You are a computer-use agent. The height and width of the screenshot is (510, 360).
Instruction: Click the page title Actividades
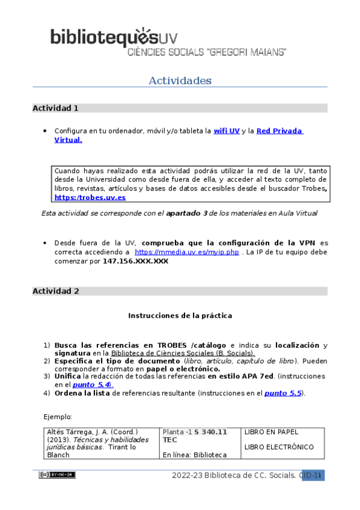point(180,81)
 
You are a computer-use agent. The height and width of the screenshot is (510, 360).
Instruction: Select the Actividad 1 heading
point(56,109)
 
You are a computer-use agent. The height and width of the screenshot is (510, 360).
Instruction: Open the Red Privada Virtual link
point(279,131)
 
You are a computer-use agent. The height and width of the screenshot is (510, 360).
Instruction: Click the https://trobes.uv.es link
point(90,197)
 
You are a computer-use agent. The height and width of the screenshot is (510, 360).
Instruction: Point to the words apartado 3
point(187,213)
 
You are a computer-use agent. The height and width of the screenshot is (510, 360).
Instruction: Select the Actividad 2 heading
point(56,291)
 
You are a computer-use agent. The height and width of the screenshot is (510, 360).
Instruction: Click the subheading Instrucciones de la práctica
point(180,315)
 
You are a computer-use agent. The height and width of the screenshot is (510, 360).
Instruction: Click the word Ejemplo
point(58,416)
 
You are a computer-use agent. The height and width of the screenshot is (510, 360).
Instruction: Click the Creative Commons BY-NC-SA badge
point(57,475)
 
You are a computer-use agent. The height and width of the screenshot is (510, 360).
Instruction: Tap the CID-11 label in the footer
point(313,476)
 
